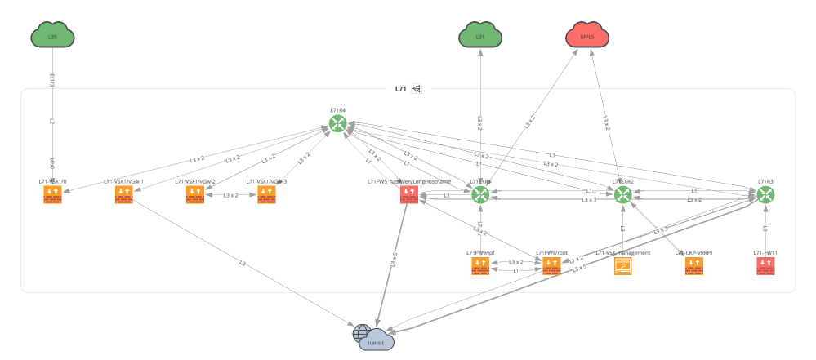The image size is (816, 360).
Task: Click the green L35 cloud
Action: (53, 36)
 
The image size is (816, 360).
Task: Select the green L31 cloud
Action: (479, 36)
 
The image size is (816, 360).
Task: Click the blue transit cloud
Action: (374, 337)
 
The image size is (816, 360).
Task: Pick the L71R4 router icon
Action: (338, 123)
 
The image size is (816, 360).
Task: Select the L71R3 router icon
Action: (765, 194)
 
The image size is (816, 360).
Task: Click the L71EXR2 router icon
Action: (623, 194)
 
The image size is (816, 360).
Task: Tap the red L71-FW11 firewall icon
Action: (765, 266)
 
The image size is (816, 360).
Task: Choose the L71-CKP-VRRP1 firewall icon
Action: (694, 266)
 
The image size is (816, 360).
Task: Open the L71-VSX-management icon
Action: (623, 266)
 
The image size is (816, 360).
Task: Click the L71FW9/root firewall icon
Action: (551, 266)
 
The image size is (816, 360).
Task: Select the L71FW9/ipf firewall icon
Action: (480, 266)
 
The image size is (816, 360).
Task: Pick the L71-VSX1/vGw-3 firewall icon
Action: (266, 194)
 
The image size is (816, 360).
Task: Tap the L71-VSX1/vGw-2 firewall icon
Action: (195, 194)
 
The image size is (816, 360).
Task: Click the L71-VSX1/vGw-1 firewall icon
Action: (124, 194)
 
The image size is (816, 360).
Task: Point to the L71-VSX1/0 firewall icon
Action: (53, 194)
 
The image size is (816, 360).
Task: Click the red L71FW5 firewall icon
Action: (408, 194)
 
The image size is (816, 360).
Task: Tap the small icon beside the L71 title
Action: (417, 88)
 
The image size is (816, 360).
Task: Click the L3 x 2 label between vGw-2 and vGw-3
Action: (230, 196)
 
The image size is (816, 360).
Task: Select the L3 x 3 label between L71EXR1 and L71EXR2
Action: (588, 200)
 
